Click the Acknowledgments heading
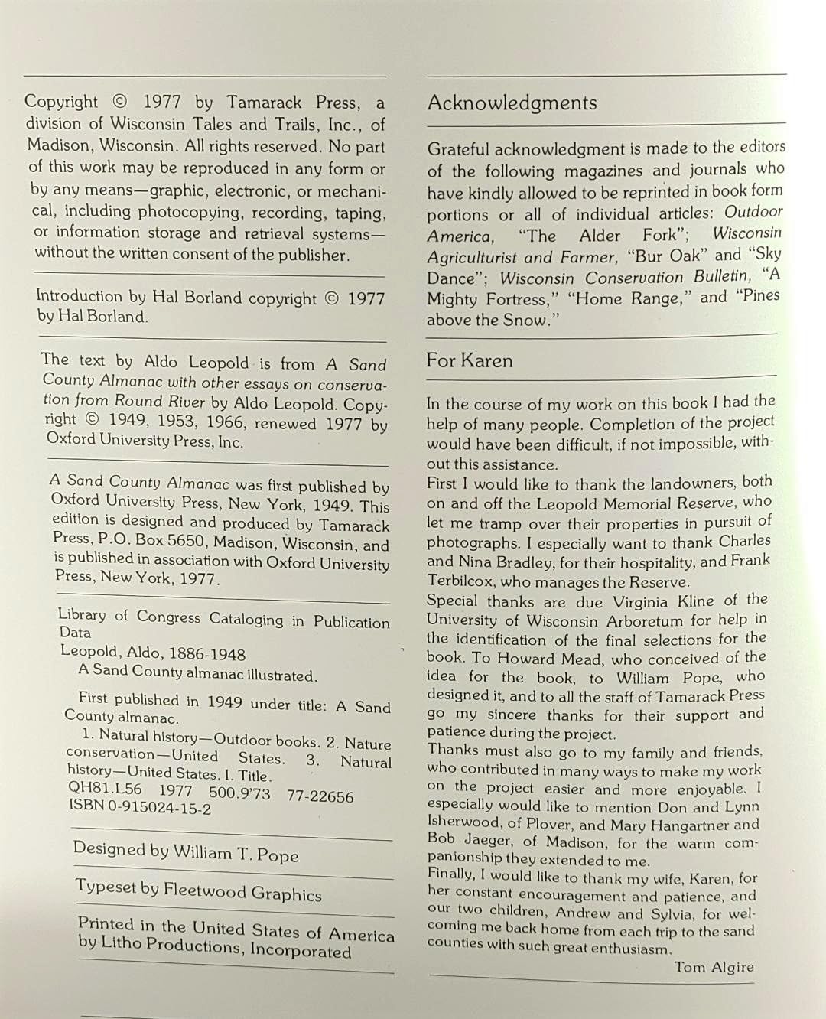point(512,103)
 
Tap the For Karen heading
point(469,360)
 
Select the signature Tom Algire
point(714,967)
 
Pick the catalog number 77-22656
point(320,796)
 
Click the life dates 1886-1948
point(205,654)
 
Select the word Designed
point(109,848)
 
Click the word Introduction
point(79,296)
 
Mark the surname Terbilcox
point(463,581)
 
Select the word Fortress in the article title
point(510,299)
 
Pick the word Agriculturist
point(472,258)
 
